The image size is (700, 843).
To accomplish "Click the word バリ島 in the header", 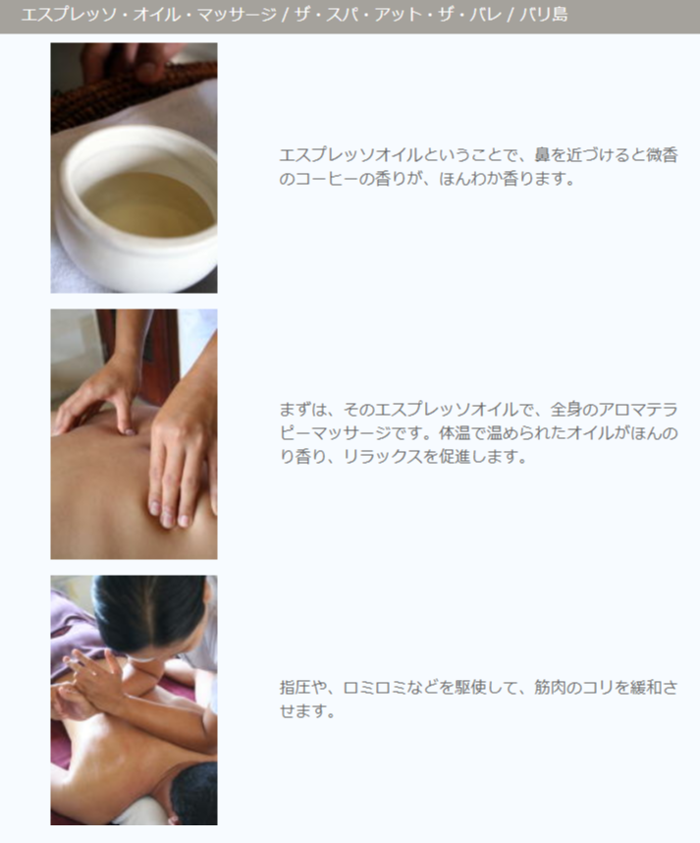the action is coord(544,15).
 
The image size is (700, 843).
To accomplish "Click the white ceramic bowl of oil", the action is coord(137,208).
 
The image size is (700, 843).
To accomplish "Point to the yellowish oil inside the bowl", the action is coord(147,204).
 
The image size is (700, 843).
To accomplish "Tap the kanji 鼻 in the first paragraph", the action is coord(543,155).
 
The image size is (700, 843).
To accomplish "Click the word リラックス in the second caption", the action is coord(383,457).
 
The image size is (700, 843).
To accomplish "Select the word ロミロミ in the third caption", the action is coord(374,687).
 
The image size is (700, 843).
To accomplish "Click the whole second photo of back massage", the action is coord(134,434).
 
